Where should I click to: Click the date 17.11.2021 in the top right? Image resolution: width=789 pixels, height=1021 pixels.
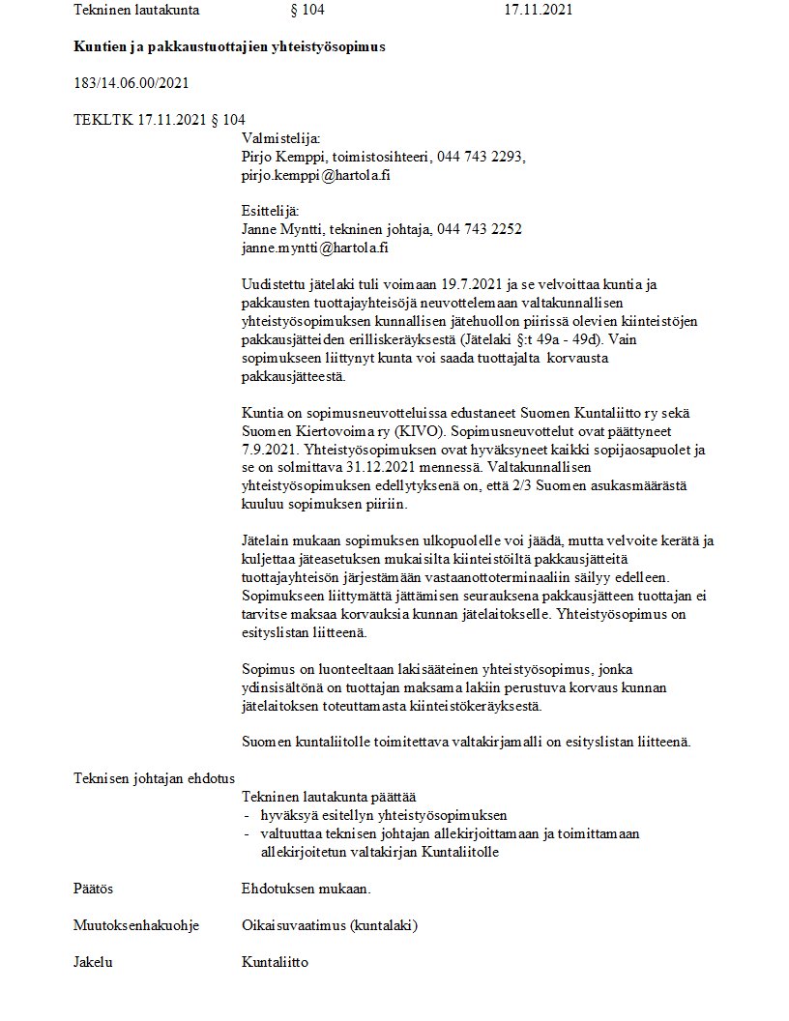539,11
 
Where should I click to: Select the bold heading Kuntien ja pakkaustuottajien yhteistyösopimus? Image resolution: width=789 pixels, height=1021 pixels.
229,46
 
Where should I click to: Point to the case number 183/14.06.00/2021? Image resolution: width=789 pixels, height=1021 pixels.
131,83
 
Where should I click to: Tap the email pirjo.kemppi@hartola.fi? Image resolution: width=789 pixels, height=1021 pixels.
315,175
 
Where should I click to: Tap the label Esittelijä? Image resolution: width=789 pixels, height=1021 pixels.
270,211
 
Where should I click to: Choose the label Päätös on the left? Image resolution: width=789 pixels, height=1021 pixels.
93,889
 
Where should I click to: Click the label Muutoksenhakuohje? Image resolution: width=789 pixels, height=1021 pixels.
135,925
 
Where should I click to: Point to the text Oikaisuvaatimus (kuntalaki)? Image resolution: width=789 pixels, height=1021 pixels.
329,925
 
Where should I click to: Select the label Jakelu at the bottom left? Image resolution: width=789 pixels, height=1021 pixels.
93,962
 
